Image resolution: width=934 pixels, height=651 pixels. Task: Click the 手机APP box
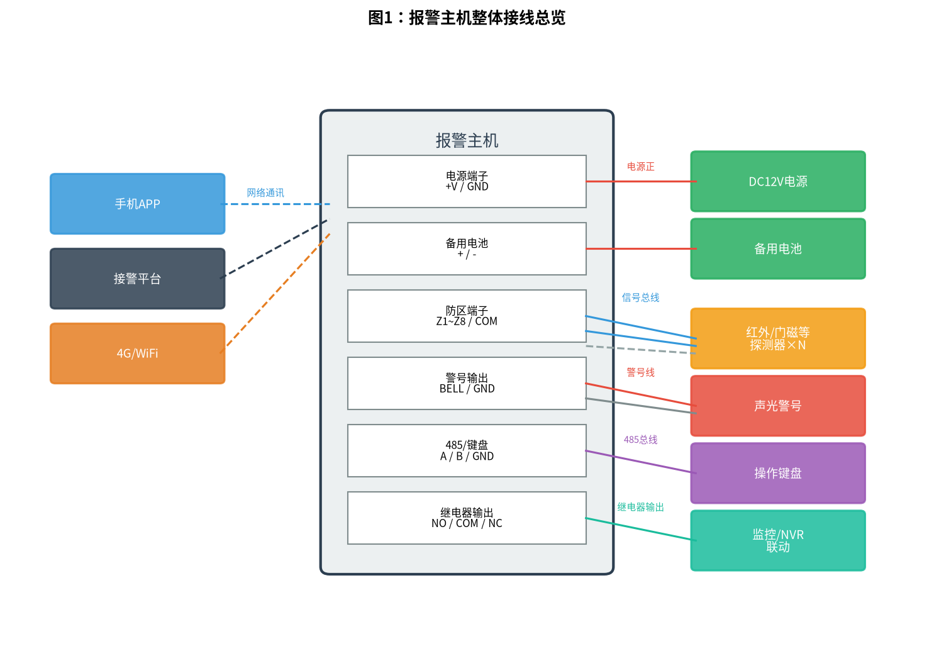138,204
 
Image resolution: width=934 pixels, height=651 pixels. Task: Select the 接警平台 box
138,279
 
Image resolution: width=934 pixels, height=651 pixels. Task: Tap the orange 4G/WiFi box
138,353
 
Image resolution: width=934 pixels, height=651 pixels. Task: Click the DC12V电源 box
778,181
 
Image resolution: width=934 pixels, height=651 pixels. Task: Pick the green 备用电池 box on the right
778,248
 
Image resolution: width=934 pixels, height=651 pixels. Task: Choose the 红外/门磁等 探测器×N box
778,338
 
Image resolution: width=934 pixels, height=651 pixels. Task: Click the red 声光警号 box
778,406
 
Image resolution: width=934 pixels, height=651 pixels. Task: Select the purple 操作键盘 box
778,473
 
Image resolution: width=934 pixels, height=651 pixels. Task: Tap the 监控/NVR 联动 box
778,540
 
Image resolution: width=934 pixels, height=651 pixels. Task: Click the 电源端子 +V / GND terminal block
467,181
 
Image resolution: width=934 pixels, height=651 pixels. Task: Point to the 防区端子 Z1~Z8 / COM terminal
467,316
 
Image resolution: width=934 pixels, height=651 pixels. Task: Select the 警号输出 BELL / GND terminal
467,383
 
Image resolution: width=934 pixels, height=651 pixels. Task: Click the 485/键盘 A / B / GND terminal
467,451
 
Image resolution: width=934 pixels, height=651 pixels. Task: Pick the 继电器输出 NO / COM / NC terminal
467,518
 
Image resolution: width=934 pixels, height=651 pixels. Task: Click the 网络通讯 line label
265,192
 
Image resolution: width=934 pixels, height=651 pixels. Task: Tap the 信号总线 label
640,298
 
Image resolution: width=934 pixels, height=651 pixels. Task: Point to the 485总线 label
640,440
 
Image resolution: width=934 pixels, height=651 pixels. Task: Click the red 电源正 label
640,167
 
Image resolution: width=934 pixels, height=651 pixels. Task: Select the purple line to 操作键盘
641,462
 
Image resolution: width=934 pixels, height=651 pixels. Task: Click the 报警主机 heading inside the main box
467,140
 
